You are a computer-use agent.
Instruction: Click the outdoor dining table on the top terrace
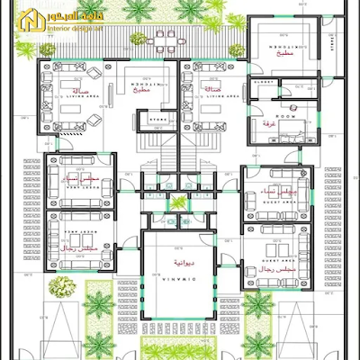coord(163,41)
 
